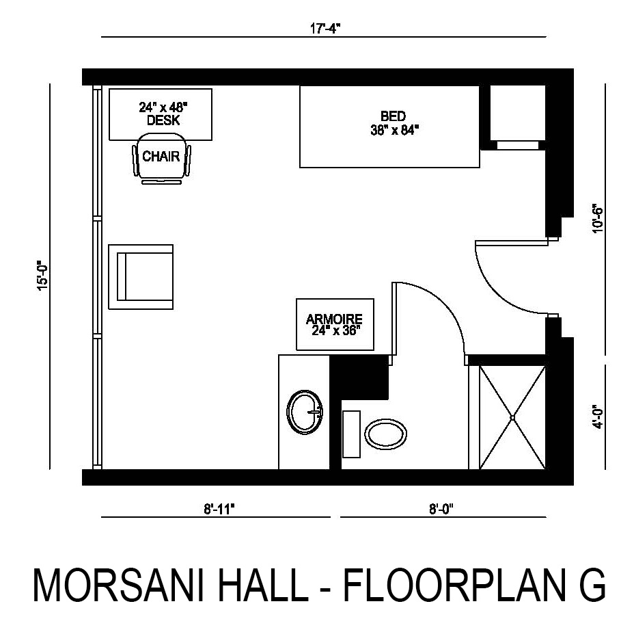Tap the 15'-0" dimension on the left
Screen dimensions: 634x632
click(x=42, y=276)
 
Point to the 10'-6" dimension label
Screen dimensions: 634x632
click(x=598, y=219)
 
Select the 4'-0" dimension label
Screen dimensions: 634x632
click(x=598, y=417)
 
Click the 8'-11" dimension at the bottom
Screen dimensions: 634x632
click(x=219, y=508)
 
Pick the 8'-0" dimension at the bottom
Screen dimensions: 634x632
click(x=442, y=508)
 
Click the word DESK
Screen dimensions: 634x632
click(x=163, y=120)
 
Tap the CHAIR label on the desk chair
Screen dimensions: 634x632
click(x=161, y=156)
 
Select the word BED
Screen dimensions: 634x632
click(x=393, y=116)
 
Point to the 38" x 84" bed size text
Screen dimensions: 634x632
click(x=395, y=130)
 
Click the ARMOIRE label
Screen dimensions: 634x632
click(x=334, y=319)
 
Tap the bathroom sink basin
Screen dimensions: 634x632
click(x=305, y=412)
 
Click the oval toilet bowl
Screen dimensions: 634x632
click(x=386, y=434)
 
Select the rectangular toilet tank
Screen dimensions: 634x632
click(x=351, y=434)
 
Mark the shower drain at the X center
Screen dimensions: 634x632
click(x=512, y=417)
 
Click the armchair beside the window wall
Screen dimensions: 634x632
click(x=141, y=277)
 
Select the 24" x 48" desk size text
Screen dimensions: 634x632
click(x=163, y=107)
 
